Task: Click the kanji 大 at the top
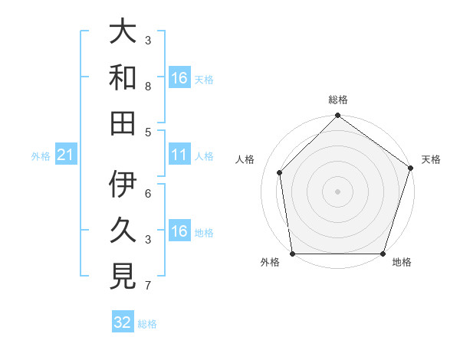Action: point(123,32)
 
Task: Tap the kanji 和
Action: point(123,77)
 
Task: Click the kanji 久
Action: point(123,230)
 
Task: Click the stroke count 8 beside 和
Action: point(148,87)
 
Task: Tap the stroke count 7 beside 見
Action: point(148,286)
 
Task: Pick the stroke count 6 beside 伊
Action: point(148,193)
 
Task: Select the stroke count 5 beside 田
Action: point(148,132)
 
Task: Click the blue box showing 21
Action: point(65,155)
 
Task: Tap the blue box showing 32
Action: point(123,322)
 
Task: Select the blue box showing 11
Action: point(179,155)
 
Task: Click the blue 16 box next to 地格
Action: point(179,231)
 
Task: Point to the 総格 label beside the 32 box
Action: point(148,324)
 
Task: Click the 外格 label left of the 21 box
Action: point(41,156)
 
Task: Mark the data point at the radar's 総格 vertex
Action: point(337,116)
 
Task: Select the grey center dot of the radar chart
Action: point(337,191)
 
